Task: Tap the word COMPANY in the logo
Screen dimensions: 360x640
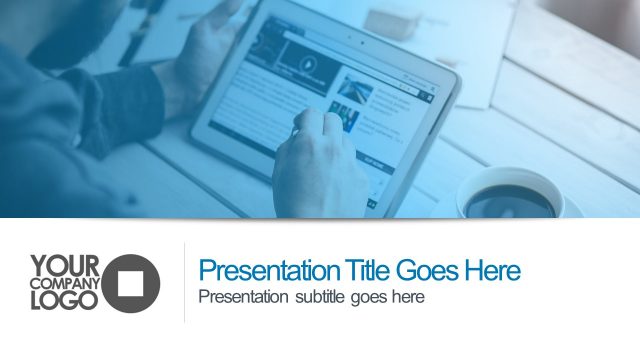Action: click(x=65, y=283)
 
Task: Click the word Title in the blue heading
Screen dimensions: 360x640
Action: click(x=368, y=271)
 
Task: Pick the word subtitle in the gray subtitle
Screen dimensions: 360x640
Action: click(x=318, y=297)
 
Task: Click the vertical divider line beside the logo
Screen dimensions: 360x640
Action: click(x=185, y=282)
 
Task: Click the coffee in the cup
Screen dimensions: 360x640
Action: click(x=511, y=200)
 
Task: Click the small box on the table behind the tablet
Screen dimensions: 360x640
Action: click(x=393, y=23)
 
